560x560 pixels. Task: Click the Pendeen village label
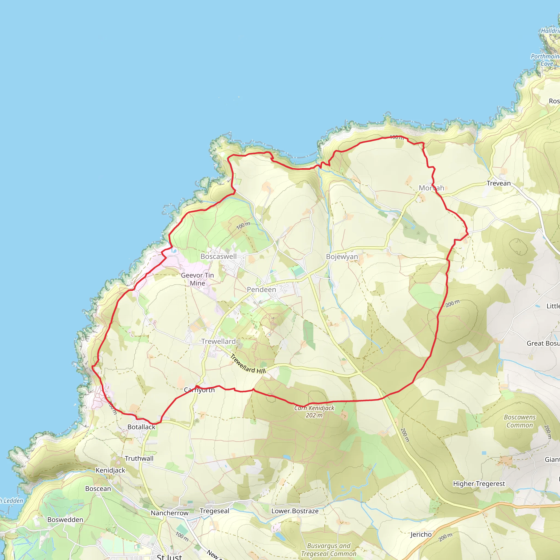[261, 290]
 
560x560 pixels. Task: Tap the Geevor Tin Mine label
[197, 279]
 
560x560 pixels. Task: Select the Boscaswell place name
[218, 256]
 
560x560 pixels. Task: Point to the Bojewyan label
[342, 257]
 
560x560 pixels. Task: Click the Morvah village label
[431, 188]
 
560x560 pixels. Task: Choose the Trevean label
[498, 183]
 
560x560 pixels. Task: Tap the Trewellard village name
[218, 342]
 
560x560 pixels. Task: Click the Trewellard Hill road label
[248, 364]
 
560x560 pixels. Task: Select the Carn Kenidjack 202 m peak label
[314, 412]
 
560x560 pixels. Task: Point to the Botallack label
[141, 427]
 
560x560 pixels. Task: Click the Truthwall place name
[139, 459]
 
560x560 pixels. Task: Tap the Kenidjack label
[110, 470]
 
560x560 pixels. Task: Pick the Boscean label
[98, 489]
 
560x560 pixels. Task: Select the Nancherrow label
[170, 513]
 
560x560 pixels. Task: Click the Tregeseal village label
[214, 511]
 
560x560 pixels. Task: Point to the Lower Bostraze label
[295, 511]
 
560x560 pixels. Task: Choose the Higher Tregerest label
[479, 484]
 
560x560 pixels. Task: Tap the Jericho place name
[421, 535]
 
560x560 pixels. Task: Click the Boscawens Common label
[520, 421]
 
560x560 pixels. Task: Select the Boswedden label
[65, 520]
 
